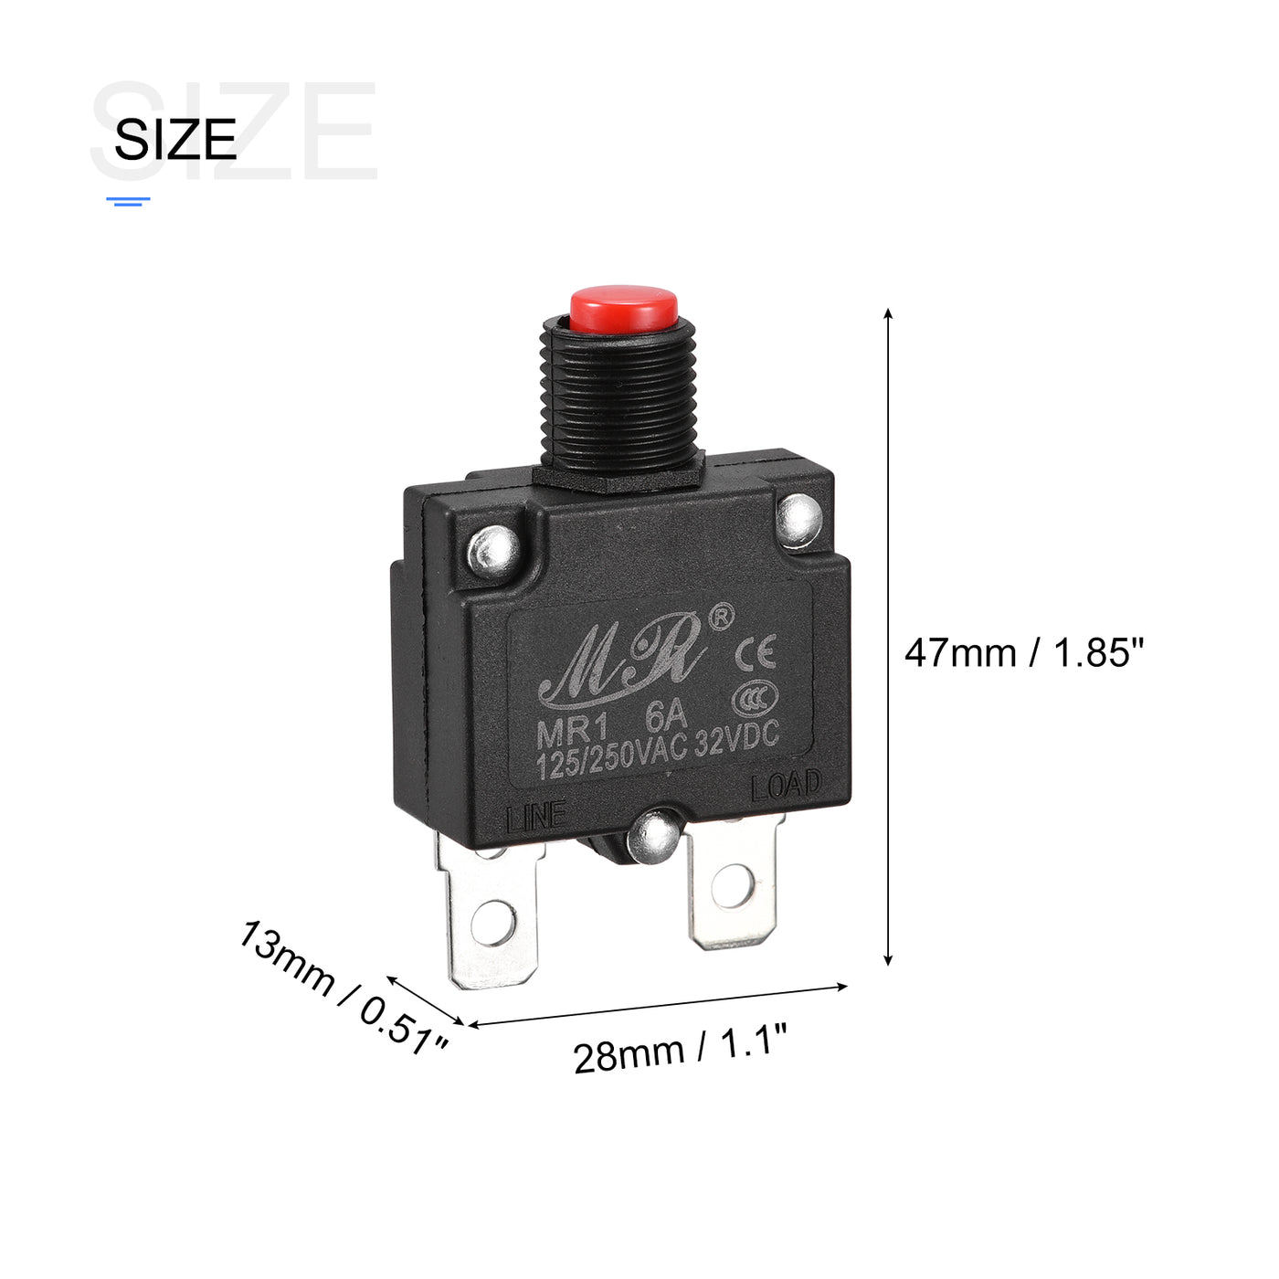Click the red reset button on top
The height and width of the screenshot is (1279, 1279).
click(623, 310)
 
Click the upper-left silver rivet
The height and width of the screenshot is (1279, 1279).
click(493, 551)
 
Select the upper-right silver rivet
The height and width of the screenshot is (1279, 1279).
click(799, 521)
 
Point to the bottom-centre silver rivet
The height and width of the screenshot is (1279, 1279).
click(653, 837)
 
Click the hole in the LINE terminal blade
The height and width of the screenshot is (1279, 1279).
click(493, 923)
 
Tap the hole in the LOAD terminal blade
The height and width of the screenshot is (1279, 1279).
click(732, 885)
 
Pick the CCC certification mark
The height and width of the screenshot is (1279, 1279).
click(755, 700)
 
